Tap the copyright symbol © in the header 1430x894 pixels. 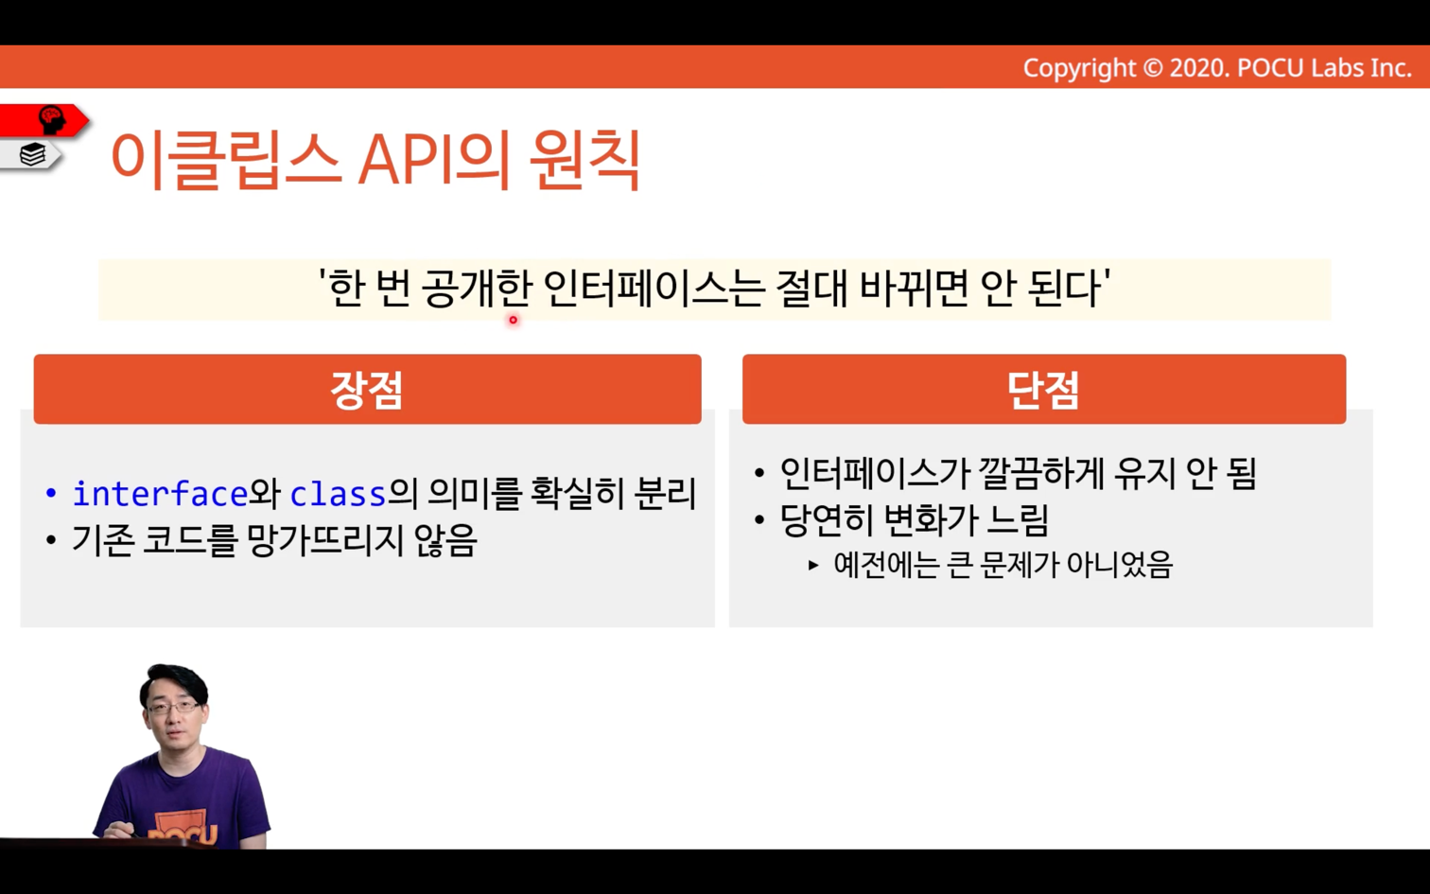[x=1152, y=68]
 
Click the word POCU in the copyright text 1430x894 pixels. [x=1271, y=68]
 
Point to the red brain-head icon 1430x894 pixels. [x=52, y=119]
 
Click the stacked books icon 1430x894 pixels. [x=32, y=155]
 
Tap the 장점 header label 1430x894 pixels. [x=366, y=390]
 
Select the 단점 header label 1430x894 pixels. [x=1043, y=390]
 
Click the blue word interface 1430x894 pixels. [x=160, y=493]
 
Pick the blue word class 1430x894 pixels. [x=338, y=493]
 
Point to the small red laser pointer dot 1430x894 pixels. [x=513, y=320]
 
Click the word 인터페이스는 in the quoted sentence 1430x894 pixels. [x=654, y=289]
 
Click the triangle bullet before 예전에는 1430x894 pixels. [x=813, y=565]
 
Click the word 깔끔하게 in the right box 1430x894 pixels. [x=1040, y=473]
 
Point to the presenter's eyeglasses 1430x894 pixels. [x=172, y=707]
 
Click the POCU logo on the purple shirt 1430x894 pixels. [x=183, y=832]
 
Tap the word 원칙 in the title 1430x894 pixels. [x=584, y=159]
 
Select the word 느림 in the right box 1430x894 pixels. [x=1017, y=519]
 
